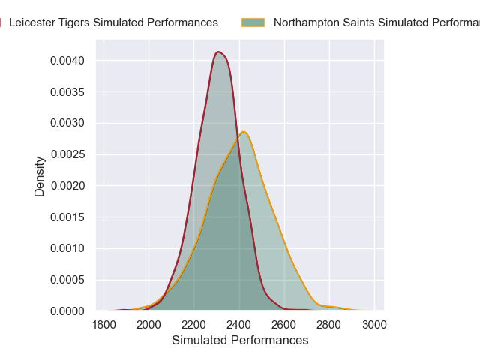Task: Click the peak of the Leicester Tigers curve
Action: (x=218, y=52)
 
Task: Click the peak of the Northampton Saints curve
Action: (x=243, y=132)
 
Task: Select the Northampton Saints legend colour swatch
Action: (x=253, y=22)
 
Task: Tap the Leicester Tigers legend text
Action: (x=113, y=22)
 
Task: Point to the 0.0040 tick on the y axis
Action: (x=68, y=60)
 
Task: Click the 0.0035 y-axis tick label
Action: (x=68, y=91)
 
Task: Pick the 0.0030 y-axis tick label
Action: (x=68, y=123)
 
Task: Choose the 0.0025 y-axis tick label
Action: (x=68, y=154)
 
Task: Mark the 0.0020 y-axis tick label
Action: (x=68, y=185)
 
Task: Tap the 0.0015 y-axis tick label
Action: (x=68, y=217)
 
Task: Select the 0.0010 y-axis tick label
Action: (x=68, y=248)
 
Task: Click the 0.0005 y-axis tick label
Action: (x=68, y=280)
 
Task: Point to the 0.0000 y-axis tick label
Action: (x=68, y=310)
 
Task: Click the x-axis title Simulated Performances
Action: (x=240, y=340)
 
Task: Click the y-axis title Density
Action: (x=40, y=176)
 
